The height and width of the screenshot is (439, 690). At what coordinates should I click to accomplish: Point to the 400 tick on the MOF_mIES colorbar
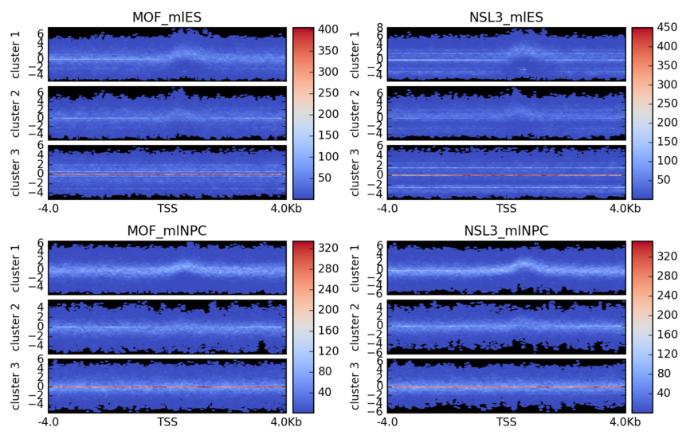pos(330,29)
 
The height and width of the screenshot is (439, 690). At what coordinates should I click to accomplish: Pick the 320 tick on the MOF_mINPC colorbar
pos(330,249)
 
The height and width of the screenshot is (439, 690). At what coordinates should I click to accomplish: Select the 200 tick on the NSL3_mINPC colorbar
pos(668,315)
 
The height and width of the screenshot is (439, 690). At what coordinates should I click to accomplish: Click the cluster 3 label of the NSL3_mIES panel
pos(354,172)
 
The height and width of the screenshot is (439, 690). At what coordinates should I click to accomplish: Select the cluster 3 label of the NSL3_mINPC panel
pos(354,386)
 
